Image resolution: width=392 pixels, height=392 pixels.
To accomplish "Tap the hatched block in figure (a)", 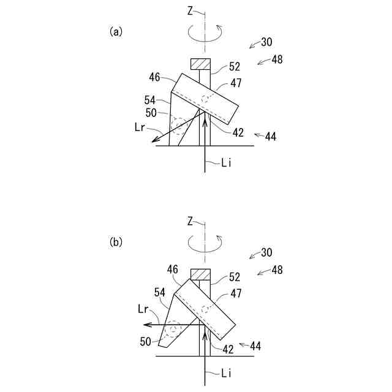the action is coord(200,64).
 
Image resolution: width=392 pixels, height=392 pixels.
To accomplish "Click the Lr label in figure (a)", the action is coord(141,127).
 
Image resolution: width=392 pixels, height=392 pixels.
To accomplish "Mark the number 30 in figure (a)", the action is coord(266,42).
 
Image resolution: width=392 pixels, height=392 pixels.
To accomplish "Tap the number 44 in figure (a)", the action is coord(269,137).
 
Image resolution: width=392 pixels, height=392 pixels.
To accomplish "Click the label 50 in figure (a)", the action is coord(151,113).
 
